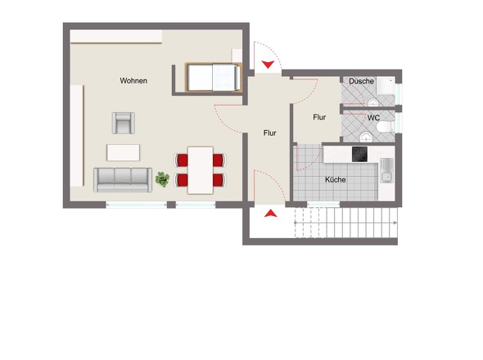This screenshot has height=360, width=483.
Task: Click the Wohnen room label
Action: pyautogui.click(x=133, y=81)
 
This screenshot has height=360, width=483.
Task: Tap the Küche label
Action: pyautogui.click(x=335, y=179)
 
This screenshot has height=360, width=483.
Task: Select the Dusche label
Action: pyautogui.click(x=361, y=81)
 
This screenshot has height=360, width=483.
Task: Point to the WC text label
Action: pyautogui.click(x=373, y=118)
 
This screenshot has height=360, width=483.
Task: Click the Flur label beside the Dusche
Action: pyautogui.click(x=319, y=117)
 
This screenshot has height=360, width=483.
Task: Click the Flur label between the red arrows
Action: pyautogui.click(x=269, y=133)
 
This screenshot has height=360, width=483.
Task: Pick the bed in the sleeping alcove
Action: pyautogui.click(x=214, y=78)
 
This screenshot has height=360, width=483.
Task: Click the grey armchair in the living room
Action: pyautogui.click(x=124, y=123)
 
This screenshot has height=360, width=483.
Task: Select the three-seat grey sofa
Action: pyautogui.click(x=123, y=178)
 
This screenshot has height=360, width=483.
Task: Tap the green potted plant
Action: pyautogui.click(x=162, y=178)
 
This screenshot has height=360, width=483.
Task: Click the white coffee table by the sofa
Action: pyautogui.click(x=124, y=152)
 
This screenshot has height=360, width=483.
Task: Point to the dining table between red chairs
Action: pyautogui.click(x=200, y=169)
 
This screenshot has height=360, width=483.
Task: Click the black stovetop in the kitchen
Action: pyautogui.click(x=361, y=153)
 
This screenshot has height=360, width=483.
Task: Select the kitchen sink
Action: pyautogui.click(x=386, y=173)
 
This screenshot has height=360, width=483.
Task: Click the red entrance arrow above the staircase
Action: pyautogui.click(x=269, y=215)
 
